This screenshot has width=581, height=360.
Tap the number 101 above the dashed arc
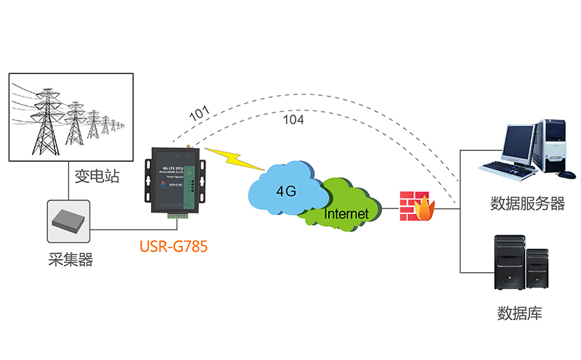point(199,112)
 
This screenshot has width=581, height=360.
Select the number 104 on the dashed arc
point(293,119)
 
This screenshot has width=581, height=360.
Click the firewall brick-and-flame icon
point(417,206)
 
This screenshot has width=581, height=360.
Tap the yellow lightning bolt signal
point(231,160)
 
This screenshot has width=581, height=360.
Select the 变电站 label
point(97,176)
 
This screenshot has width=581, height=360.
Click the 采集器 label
point(70,259)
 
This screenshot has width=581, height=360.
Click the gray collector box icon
point(70,220)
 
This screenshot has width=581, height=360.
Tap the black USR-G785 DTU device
point(174,181)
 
